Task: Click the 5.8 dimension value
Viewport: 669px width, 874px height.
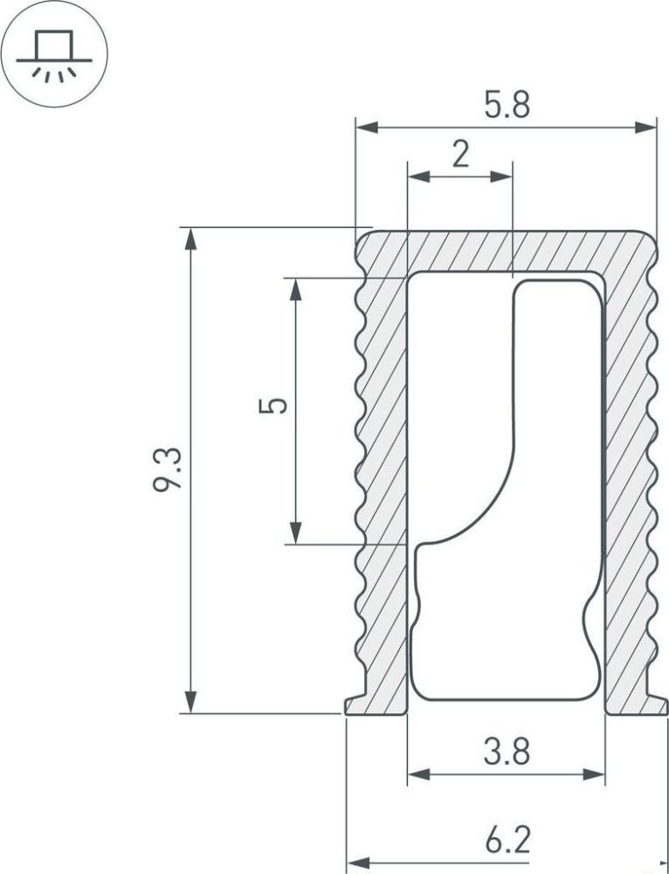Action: point(507,105)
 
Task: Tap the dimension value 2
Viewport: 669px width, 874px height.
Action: point(460,155)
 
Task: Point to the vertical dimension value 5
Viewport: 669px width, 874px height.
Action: point(273,406)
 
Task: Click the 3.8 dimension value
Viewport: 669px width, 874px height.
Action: point(507,752)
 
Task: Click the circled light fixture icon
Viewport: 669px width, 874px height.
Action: point(54,54)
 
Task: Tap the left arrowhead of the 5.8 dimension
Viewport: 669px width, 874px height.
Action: point(367,128)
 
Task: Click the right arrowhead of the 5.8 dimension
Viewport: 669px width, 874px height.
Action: point(645,128)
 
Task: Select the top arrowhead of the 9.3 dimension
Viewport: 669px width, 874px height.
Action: point(190,239)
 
